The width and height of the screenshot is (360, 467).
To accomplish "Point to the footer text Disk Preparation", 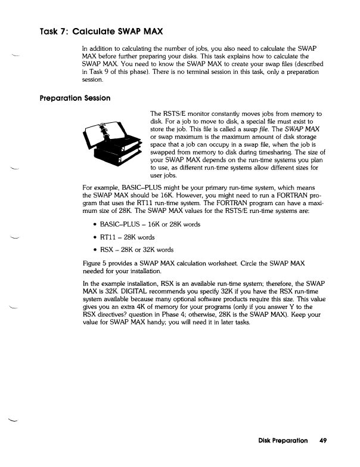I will click(283, 441).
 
